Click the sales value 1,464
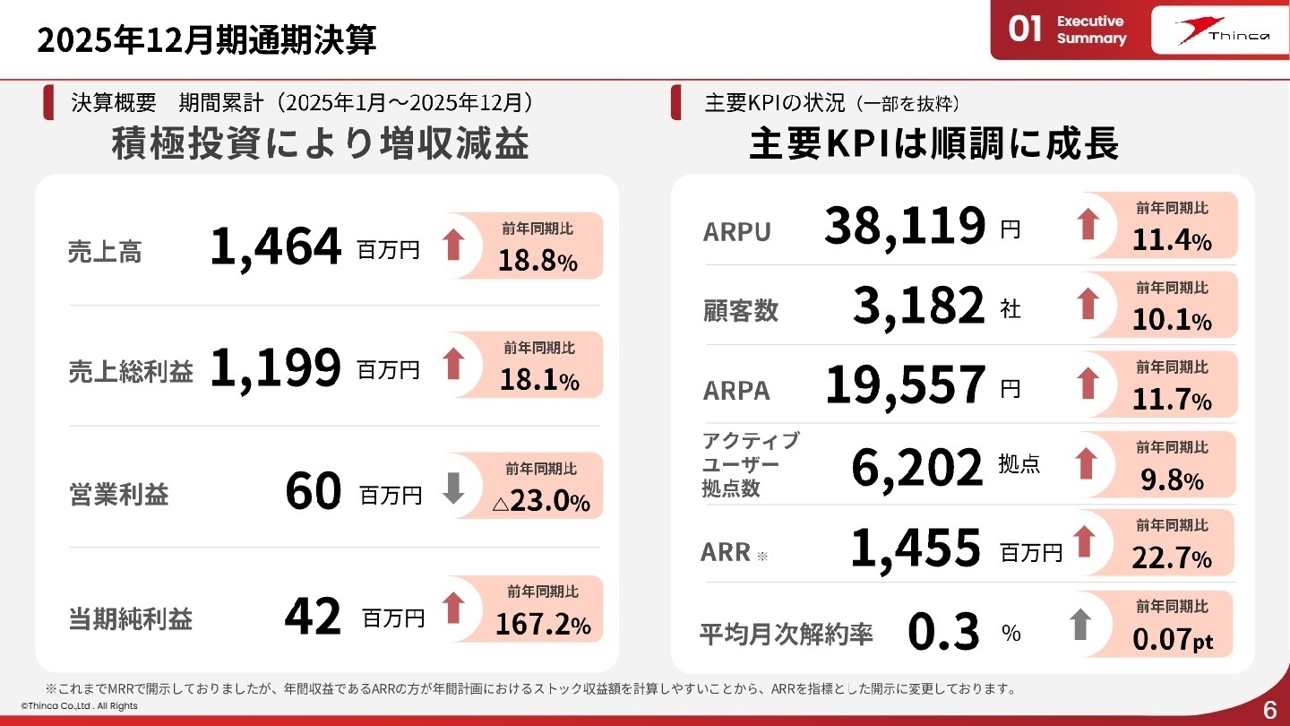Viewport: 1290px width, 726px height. pyautogui.click(x=275, y=247)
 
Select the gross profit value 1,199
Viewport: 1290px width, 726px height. pyautogui.click(x=275, y=368)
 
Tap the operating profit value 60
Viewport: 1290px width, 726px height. pyautogui.click(x=314, y=491)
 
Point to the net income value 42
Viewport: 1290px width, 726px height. pyautogui.click(x=313, y=617)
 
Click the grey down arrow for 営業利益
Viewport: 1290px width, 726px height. pyautogui.click(x=454, y=488)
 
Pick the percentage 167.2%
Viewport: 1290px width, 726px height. pyautogui.click(x=543, y=625)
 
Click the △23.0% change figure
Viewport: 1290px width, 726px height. pyautogui.click(x=541, y=502)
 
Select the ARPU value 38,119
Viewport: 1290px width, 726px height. pyautogui.click(x=905, y=227)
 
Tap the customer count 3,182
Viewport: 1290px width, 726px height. pyautogui.click(x=918, y=307)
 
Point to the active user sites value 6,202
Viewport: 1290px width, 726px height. pyautogui.click(x=916, y=467)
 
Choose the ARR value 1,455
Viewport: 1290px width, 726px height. pyautogui.click(x=915, y=549)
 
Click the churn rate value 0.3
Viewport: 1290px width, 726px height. pyautogui.click(x=943, y=632)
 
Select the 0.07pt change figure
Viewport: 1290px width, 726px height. pyautogui.click(x=1172, y=640)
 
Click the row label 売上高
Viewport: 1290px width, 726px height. pyautogui.click(x=105, y=253)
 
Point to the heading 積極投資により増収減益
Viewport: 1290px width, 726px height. pyautogui.click(x=320, y=144)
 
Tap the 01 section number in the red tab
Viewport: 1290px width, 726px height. pyautogui.click(x=1025, y=30)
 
